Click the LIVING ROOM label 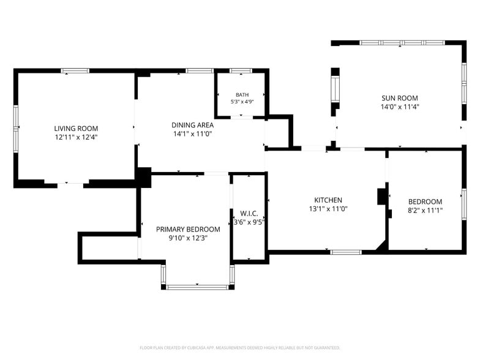[76, 129]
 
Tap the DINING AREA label [192, 125]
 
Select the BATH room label [242, 95]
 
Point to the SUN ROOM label [399, 98]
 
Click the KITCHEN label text [328, 200]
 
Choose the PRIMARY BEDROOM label [188, 229]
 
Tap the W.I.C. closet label [249, 213]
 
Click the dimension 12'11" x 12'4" [76, 137]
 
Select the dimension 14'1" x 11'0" [192, 133]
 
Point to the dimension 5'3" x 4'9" [242, 102]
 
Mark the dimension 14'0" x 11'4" [399, 107]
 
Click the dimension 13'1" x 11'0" [328, 209]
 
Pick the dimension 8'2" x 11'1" [425, 211]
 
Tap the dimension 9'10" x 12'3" [188, 238]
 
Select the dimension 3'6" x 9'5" [249, 222]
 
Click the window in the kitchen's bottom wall [346, 252]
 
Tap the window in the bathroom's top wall [241, 71]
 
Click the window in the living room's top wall [75, 71]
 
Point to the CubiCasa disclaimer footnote [240, 348]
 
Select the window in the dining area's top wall [200, 71]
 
